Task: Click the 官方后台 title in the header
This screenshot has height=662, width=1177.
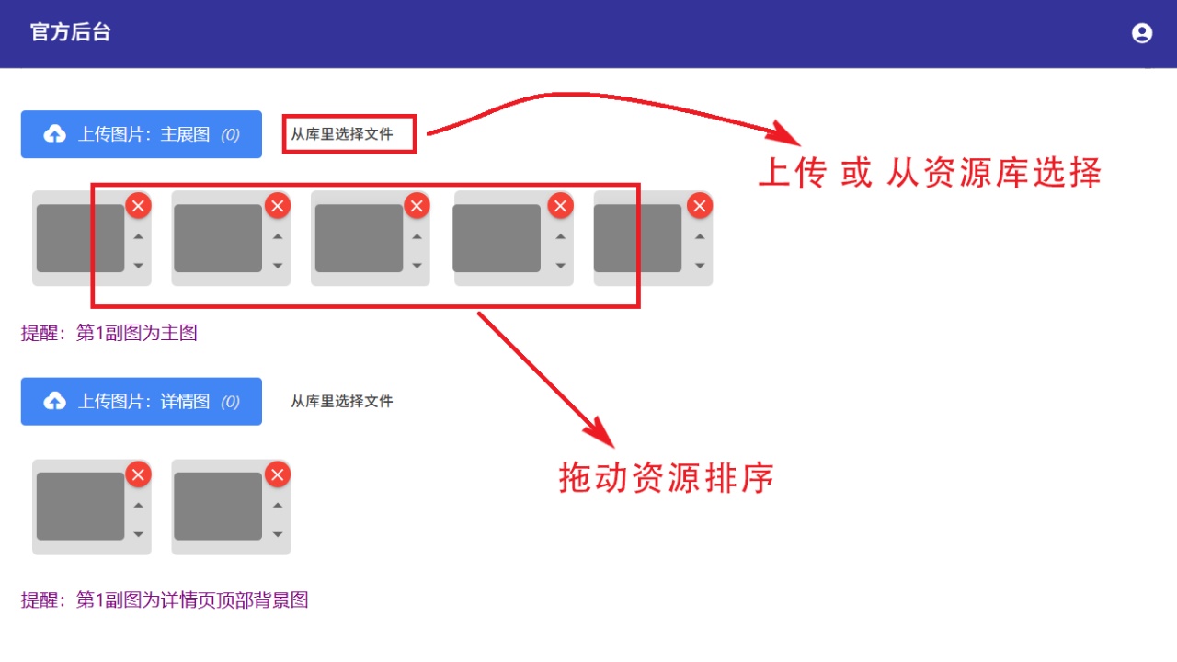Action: point(71,32)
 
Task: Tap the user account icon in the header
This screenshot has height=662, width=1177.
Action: point(1142,33)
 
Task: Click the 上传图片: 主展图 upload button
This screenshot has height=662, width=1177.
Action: point(142,134)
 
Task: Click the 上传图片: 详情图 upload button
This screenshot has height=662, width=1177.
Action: point(142,402)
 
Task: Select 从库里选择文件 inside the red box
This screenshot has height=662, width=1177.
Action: point(342,134)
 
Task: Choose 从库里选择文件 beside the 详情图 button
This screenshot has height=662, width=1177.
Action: point(342,402)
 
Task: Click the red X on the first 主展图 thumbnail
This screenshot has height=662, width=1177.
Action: point(138,205)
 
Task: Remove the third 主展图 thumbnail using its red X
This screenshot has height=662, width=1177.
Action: point(417,205)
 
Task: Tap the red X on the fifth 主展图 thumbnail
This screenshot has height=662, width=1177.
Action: point(700,205)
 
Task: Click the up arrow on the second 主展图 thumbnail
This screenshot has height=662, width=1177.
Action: point(278,237)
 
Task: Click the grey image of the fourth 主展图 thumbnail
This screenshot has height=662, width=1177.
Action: point(497,238)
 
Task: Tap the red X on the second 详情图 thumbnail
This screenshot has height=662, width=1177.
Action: point(278,475)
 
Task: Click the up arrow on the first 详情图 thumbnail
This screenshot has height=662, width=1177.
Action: point(138,506)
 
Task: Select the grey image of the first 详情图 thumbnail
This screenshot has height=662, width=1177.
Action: point(80,506)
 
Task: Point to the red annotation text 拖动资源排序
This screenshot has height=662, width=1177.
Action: point(667,477)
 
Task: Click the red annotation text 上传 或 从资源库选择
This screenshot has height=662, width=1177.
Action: point(930,172)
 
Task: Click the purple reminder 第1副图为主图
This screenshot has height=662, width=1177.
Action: point(137,333)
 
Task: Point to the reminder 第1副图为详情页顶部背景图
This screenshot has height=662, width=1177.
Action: point(192,599)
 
